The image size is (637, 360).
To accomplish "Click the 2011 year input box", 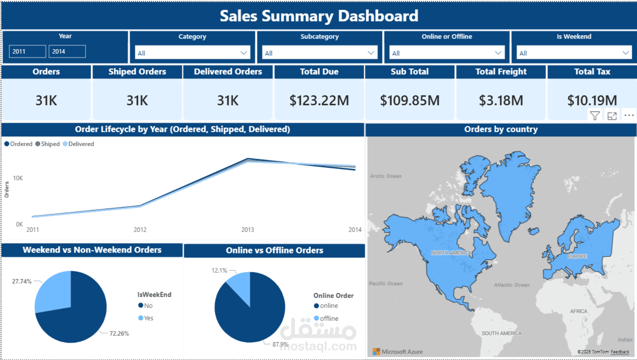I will (27, 51).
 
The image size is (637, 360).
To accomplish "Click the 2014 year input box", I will (67, 51).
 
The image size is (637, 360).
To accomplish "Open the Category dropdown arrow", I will (243, 53).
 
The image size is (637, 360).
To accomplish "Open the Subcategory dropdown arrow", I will (371, 53).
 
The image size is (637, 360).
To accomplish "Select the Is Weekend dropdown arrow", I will (625, 53).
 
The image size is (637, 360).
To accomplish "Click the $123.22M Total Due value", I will (319, 100).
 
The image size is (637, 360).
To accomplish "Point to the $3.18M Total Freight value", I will (501, 100).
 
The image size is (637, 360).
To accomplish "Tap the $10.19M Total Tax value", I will (592, 100).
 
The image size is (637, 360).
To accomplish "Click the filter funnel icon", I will (595, 116).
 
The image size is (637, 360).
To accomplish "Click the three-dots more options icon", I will (629, 115).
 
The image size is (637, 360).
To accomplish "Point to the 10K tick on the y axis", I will (18, 178).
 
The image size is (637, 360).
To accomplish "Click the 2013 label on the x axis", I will (247, 230).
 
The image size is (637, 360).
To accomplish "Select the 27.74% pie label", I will (22, 281).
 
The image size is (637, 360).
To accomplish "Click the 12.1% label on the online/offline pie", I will (219, 271).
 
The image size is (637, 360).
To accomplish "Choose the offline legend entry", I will (329, 318).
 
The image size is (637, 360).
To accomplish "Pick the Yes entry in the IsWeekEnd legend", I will (148, 318).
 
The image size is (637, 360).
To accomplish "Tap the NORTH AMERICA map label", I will (451, 253).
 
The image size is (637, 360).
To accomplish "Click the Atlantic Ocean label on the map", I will (511, 285).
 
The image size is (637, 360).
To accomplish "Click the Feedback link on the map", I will (620, 352).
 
